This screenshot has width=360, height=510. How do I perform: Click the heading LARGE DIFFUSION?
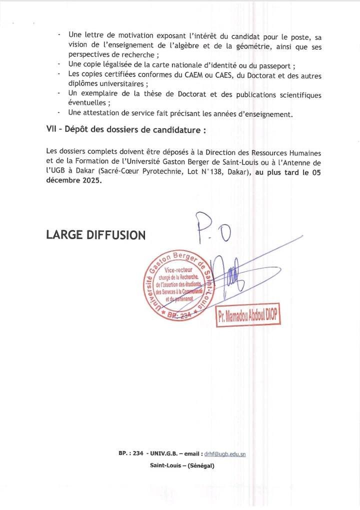pyautogui.click(x=95, y=234)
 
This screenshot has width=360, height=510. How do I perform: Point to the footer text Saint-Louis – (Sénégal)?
pyautogui.click(x=182, y=465)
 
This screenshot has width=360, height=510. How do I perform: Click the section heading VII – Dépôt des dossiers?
pyautogui.click(x=126, y=129)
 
